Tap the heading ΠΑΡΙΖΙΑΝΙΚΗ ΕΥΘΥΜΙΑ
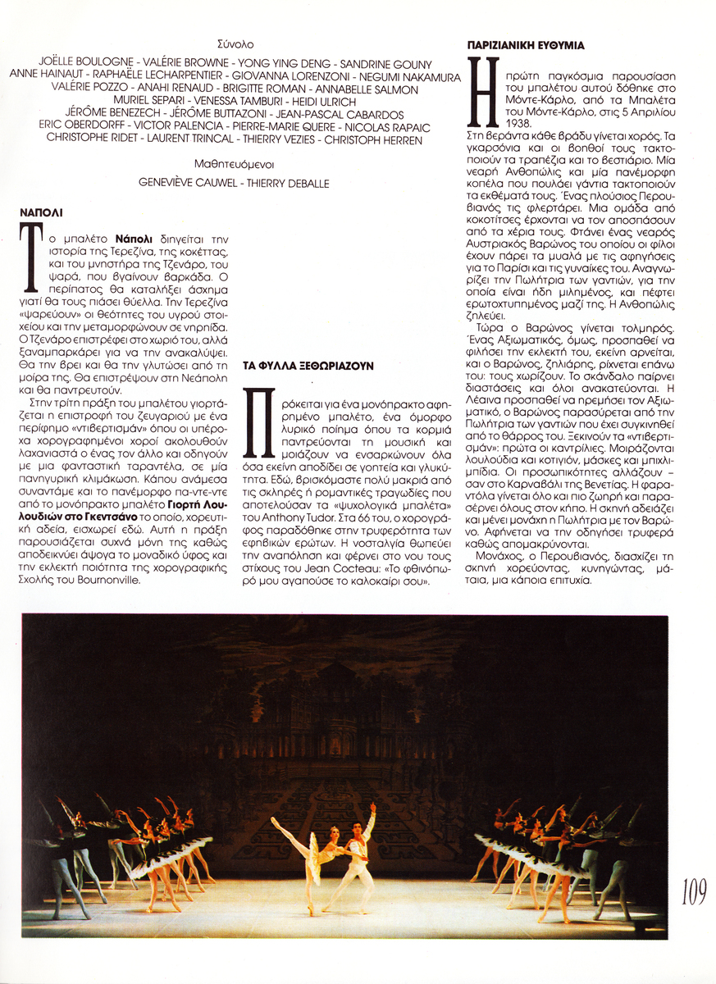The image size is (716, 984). (x=526, y=46)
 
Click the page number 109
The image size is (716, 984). (x=693, y=891)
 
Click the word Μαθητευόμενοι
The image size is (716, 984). (x=235, y=164)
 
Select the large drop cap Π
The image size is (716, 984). (x=258, y=423)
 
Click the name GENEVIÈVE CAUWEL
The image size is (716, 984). (x=190, y=184)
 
